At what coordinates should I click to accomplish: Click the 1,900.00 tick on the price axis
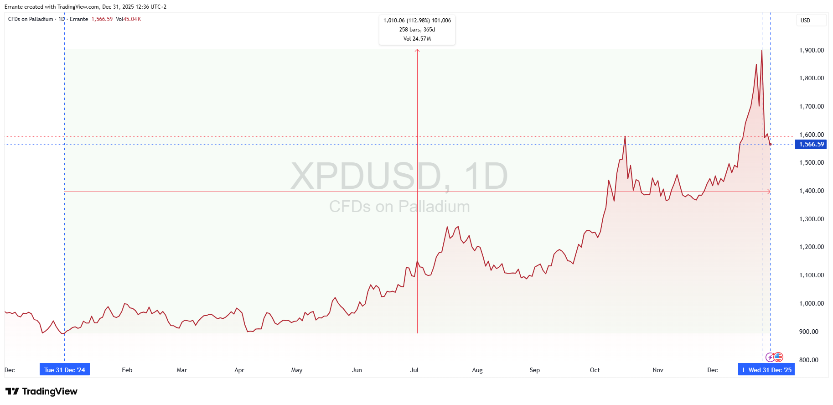tap(811, 50)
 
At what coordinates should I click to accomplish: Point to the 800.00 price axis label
tap(811, 360)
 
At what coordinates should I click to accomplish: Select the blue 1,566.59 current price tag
tap(811, 145)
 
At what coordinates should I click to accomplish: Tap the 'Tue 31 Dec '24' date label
tap(65, 370)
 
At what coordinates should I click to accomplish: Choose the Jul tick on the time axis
tap(414, 370)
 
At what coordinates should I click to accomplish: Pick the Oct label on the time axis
tap(595, 370)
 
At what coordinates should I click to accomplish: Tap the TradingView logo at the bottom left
tap(41, 391)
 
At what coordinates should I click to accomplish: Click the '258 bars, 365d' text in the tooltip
tap(417, 30)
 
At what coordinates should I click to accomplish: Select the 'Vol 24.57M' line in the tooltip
tap(417, 39)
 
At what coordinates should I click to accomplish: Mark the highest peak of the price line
tap(761, 50)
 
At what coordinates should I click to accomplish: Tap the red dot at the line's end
tap(770, 145)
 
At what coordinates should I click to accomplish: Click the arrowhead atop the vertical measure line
tap(417, 50)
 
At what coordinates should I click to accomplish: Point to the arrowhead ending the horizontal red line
tap(769, 192)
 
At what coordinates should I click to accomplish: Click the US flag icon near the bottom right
tap(778, 357)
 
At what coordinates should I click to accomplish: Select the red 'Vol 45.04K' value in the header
tap(128, 19)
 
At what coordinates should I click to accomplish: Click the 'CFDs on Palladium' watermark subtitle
tap(399, 207)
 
